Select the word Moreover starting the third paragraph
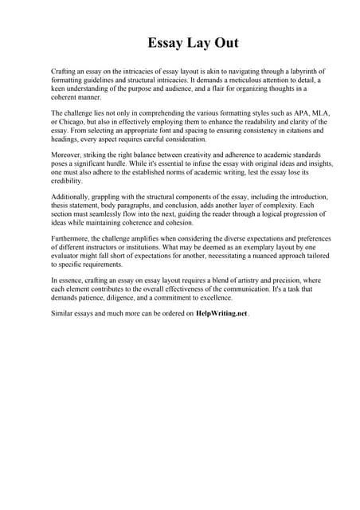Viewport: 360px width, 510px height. click(66, 154)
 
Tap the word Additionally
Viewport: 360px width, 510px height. click(72, 196)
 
